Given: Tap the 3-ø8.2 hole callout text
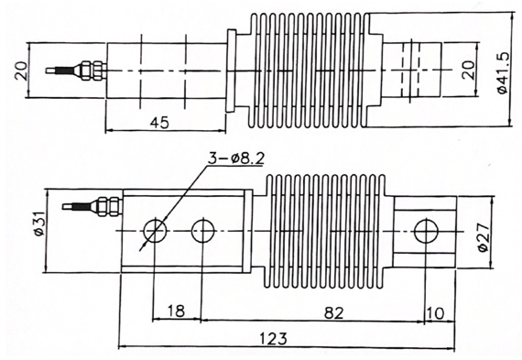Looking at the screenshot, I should [235, 158].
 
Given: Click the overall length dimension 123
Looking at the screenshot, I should [271, 338].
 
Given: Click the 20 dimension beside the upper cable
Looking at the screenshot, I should [21, 70].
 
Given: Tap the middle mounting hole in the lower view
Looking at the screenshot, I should [202, 230].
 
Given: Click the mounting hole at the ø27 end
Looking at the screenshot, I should [424, 230].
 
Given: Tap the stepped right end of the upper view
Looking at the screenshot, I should [417, 70].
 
